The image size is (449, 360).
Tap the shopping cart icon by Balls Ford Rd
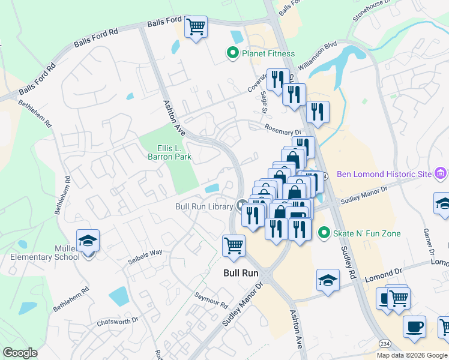[196, 27]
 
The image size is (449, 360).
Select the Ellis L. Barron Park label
[169, 152]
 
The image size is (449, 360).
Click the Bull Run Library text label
[203, 206]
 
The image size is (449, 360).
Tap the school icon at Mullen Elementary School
[88, 242]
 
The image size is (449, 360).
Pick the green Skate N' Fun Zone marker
[324, 232]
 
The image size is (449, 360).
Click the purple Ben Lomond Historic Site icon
[441, 174]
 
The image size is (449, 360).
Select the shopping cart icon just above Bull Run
[233, 245]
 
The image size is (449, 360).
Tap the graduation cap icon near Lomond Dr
[328, 280]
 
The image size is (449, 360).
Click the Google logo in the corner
[20, 353]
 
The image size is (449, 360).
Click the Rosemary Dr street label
[282, 130]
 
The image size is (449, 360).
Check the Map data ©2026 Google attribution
[411, 355]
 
